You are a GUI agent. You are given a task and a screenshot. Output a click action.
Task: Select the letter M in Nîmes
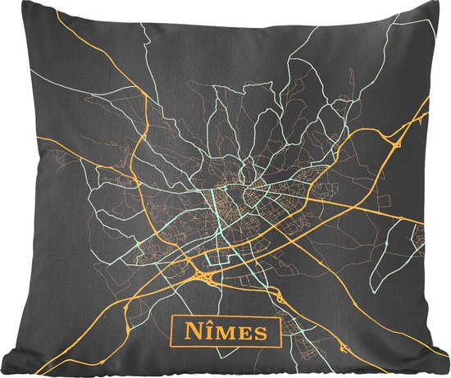click(x=221, y=333)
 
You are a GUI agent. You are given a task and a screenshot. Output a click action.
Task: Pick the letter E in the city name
click(x=241, y=333)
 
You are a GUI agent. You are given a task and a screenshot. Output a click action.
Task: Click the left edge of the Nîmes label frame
click(x=171, y=331)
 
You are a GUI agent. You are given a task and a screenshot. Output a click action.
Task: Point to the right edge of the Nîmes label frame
click(x=276, y=333)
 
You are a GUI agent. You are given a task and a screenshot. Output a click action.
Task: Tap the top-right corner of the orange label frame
click(x=276, y=320)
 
